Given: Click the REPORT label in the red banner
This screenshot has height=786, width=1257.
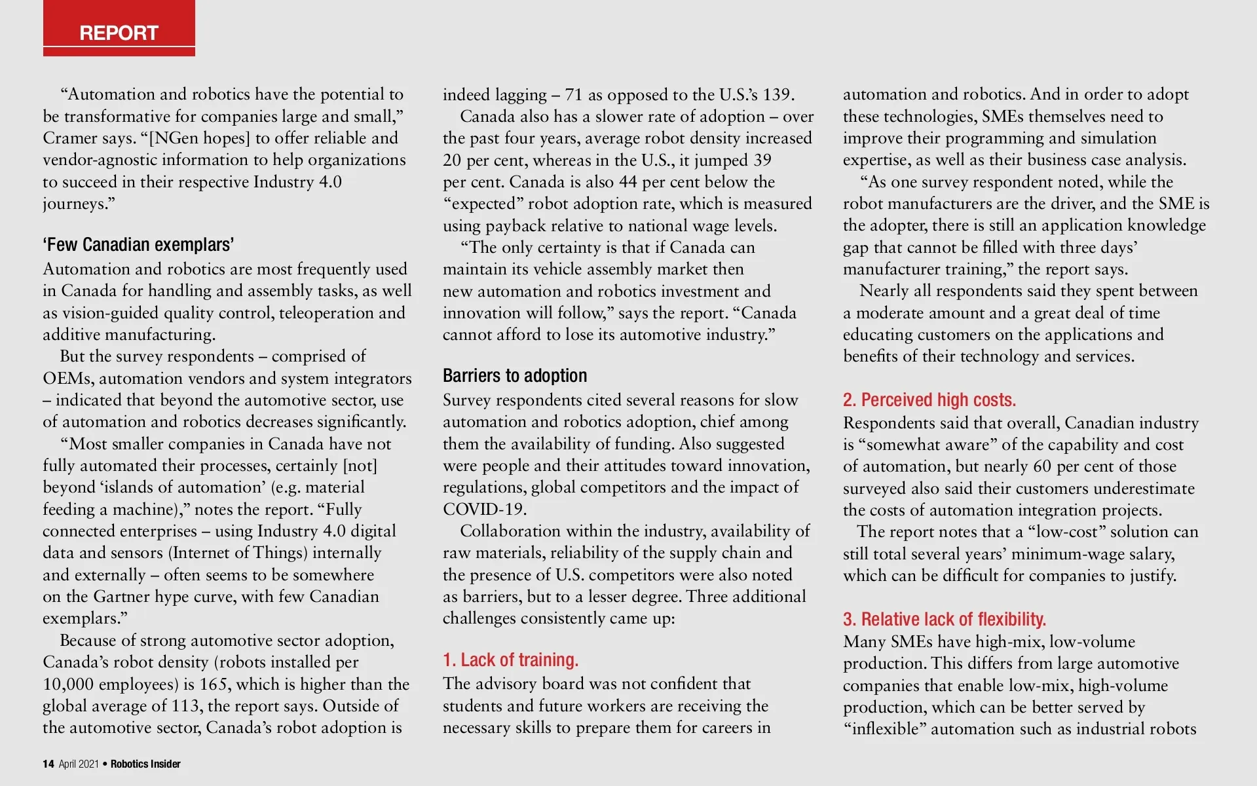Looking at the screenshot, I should (119, 33).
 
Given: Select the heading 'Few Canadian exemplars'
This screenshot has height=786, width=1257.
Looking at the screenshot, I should (138, 245).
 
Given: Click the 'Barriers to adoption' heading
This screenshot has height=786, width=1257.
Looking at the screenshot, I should (515, 376).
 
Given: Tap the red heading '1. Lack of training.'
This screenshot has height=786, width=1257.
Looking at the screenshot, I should (510, 660).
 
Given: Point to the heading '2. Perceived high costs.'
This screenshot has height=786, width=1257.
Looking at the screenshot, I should (929, 400).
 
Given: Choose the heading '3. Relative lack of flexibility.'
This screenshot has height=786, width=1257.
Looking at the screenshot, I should (944, 619).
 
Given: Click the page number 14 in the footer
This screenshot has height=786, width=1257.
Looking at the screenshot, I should (48, 764).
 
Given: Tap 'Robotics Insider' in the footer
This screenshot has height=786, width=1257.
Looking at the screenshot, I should (145, 764).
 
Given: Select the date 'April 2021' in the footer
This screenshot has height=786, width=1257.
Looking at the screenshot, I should (79, 764).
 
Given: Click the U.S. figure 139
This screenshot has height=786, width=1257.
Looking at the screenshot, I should (776, 95).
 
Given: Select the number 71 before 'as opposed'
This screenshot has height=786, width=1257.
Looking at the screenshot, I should (573, 95).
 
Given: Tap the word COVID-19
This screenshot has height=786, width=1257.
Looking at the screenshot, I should (484, 510).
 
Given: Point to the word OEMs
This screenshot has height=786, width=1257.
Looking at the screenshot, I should (68, 379).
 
